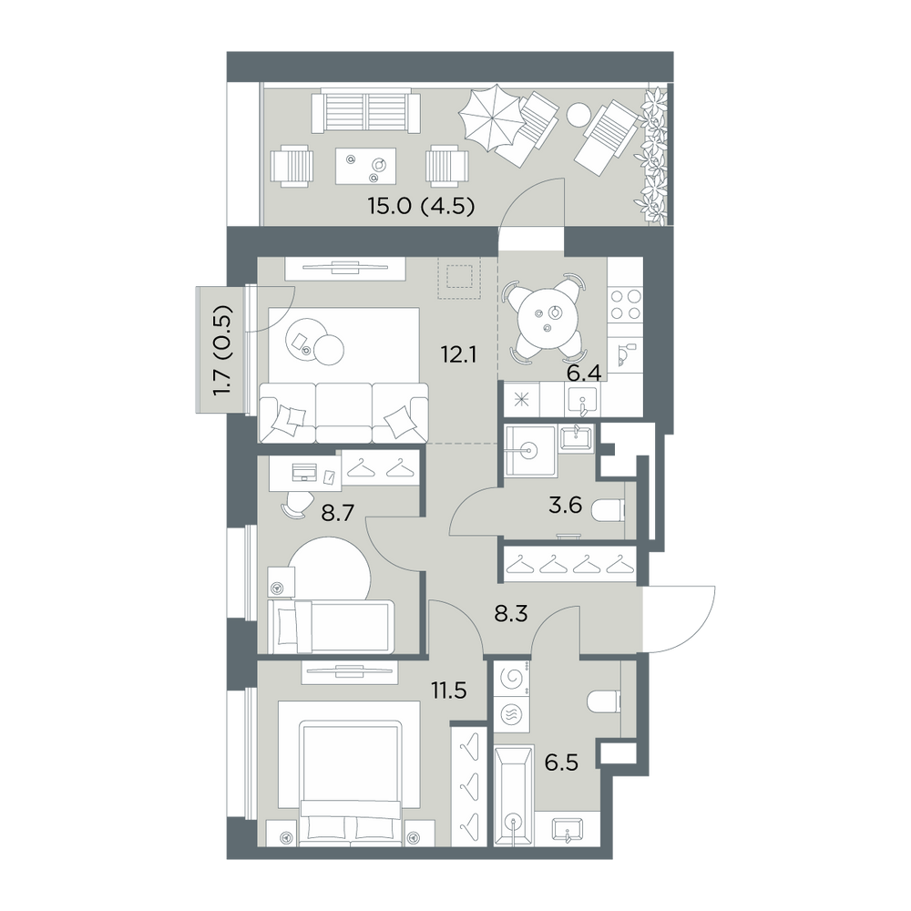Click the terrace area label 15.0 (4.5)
tap(422, 206)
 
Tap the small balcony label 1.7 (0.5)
tap(223, 351)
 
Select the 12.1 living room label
tap(458, 353)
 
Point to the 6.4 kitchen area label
tap(584, 373)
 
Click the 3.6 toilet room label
tap(566, 505)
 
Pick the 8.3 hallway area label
tap(511, 613)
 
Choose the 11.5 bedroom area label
tap(449, 691)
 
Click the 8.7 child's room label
tap(338, 514)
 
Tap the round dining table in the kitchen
tap(546, 319)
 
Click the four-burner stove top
tap(625, 304)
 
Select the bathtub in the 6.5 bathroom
tap(514, 795)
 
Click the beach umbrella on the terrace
tap(492, 118)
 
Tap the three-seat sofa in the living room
tap(343, 413)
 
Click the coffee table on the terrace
tap(366, 165)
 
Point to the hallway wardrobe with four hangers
tap(570, 564)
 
